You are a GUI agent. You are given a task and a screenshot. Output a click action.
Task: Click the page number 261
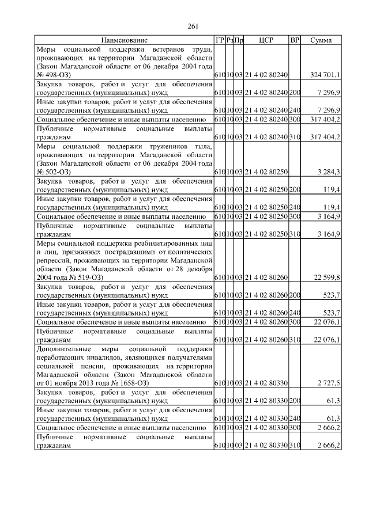[193, 25]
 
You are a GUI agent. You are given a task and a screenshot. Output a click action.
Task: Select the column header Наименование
[124, 40]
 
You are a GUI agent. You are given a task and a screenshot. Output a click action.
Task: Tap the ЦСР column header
[266, 40]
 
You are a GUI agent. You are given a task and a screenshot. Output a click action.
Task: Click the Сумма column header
[321, 40]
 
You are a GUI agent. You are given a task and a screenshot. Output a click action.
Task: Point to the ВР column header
[295, 40]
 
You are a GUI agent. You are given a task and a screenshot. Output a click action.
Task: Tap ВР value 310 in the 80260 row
[295, 341]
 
